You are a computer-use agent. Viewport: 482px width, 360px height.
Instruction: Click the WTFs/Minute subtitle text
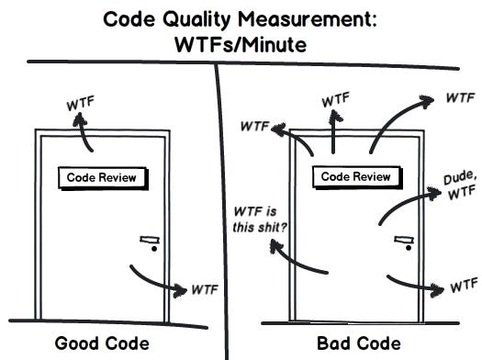click(x=241, y=43)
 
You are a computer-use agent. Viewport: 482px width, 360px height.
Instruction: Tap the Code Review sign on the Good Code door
click(x=103, y=176)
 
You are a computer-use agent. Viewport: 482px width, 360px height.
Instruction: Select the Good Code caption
click(x=102, y=343)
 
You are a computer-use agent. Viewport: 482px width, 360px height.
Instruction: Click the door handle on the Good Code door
click(x=149, y=240)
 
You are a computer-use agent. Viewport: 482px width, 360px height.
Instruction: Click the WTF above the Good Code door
click(x=80, y=104)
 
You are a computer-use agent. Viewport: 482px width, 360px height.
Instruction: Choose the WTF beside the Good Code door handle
click(x=204, y=290)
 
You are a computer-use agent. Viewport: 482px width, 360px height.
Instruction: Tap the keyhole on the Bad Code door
click(x=405, y=249)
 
